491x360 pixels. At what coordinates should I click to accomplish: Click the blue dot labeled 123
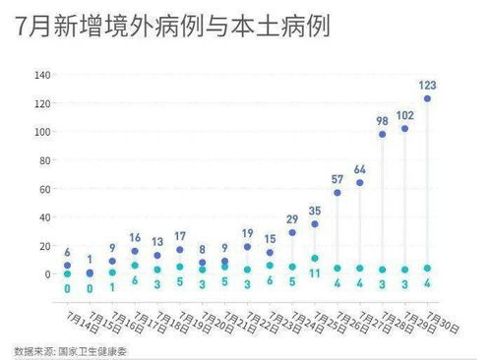[x=427, y=98]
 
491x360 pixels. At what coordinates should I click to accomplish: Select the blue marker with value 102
[x=404, y=129]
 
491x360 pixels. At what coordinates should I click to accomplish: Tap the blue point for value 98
[x=382, y=134]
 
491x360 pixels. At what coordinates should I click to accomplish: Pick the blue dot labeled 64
[x=360, y=183]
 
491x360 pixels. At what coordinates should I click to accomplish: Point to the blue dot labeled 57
[x=338, y=193]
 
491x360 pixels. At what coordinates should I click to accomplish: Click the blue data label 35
[x=315, y=210]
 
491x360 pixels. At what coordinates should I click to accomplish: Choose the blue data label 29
[x=292, y=218]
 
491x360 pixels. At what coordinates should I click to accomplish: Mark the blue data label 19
[x=247, y=233]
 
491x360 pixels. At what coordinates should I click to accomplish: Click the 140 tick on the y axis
[x=42, y=76]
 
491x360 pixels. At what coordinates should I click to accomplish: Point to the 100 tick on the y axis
[x=42, y=132]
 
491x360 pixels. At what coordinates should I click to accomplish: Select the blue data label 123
[x=427, y=85]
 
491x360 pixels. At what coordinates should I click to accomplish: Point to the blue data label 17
[x=180, y=236]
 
